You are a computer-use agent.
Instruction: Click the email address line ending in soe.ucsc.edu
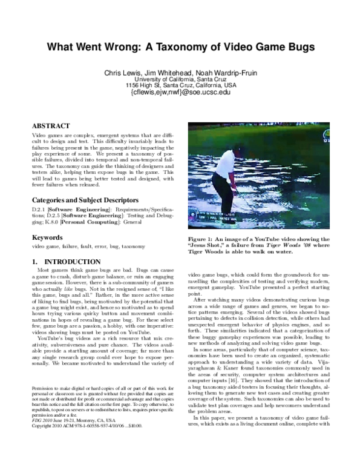181,93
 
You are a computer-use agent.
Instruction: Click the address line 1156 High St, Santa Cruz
181,85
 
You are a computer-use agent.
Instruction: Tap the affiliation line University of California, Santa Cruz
181,79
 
